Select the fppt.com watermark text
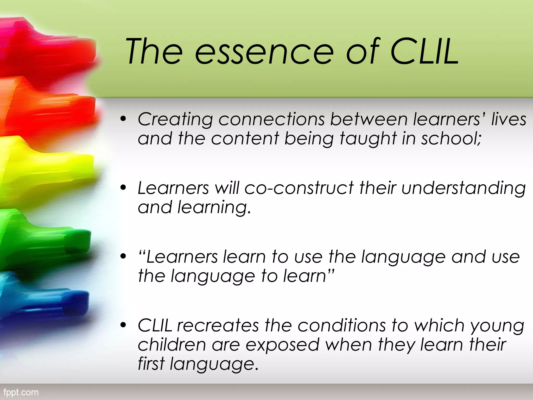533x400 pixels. point(21,392)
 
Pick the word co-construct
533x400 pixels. point(299,188)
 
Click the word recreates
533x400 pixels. point(218,326)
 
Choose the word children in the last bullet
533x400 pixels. point(172,345)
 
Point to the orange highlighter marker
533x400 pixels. point(49,109)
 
